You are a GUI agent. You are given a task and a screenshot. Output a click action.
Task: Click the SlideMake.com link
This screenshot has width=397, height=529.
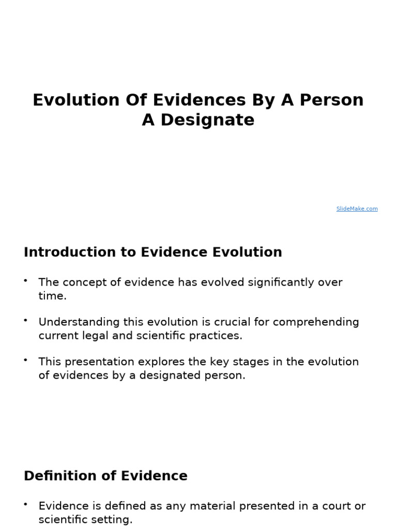[357, 209]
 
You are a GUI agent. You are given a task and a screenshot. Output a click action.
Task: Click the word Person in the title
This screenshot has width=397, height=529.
[333, 100]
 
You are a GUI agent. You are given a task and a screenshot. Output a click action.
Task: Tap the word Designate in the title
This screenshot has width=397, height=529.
[207, 120]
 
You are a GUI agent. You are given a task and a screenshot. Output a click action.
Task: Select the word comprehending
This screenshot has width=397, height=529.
[316, 322]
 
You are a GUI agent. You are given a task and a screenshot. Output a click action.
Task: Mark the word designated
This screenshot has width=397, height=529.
[170, 376]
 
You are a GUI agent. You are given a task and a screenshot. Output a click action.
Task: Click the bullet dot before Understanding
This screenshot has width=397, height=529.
[25, 320]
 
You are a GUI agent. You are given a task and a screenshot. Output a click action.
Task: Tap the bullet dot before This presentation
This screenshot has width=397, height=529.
[25, 360]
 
